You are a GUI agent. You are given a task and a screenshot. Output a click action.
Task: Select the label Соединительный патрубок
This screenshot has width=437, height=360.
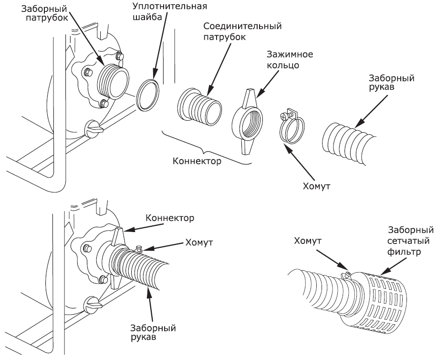pos(242,31)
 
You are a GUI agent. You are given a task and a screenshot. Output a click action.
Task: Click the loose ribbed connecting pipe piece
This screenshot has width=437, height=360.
pos(199,107)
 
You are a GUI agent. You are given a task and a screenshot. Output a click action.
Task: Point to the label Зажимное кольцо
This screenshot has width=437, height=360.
pos(290,59)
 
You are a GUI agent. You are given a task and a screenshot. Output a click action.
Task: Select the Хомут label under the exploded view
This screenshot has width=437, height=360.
pos(316,186)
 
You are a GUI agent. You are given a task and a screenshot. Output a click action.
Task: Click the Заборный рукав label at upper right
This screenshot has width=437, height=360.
pos(392,82)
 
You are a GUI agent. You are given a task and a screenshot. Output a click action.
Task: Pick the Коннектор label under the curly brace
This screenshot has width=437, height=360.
pos(197,161)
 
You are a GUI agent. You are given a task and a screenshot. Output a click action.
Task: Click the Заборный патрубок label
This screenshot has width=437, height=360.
pos(44,13)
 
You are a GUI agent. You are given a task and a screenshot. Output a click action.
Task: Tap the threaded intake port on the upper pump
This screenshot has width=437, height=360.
pos(113,82)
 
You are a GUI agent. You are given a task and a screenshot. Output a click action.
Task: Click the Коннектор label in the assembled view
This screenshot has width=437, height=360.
pos(170,218)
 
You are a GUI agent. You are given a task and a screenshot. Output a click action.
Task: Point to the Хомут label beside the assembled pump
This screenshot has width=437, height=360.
pos(199,243)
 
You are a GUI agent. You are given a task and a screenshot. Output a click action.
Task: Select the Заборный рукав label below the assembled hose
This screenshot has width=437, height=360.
pos(153,332)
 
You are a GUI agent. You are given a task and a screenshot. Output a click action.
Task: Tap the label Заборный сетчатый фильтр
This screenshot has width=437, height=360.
pos(410,241)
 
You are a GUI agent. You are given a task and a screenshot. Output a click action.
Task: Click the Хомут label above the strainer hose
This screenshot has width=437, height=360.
pos(308,241)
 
